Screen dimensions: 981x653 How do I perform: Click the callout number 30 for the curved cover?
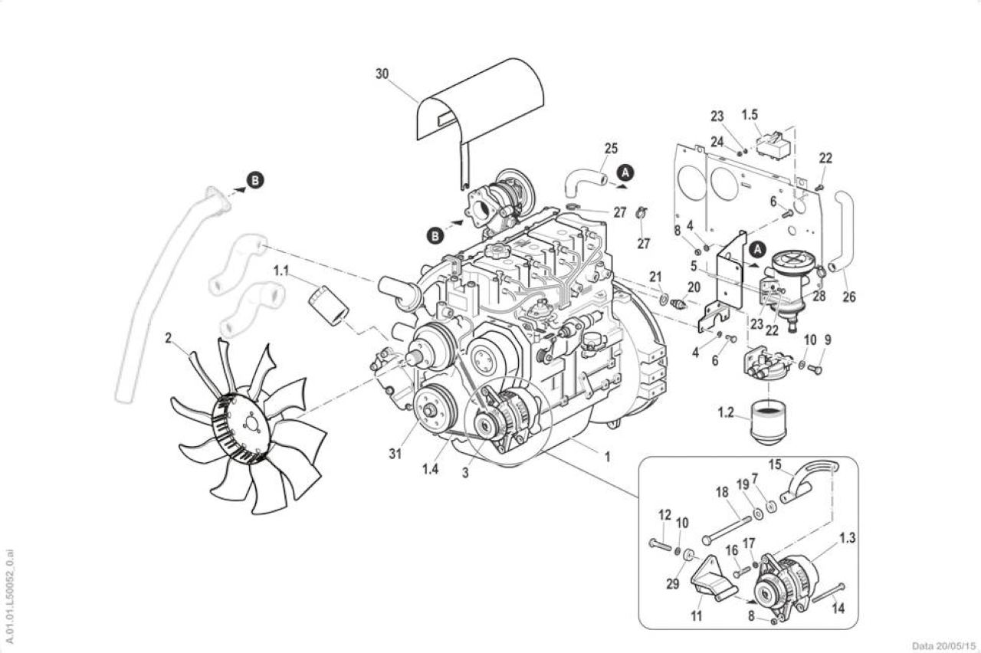[382, 74]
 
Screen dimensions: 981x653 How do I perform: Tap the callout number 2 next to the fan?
[168, 339]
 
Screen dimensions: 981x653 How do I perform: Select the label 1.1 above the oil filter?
[281, 271]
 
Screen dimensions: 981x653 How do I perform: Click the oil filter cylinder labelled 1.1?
[329, 305]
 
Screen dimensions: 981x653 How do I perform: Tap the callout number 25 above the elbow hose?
[611, 149]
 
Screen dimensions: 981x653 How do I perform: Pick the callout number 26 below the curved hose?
[848, 297]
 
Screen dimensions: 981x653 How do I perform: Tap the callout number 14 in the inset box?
[838, 609]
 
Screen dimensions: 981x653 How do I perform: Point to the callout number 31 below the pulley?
[395, 454]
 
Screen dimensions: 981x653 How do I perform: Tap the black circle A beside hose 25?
[626, 172]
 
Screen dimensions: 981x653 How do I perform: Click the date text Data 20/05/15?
[944, 646]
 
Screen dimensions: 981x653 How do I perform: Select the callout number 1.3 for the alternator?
[847, 538]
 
